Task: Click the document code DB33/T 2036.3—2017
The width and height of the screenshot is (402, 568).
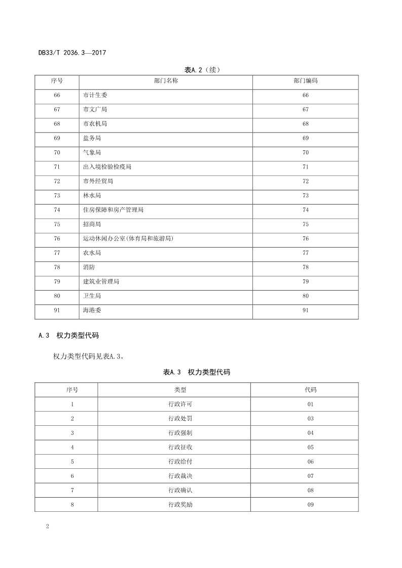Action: [71, 52]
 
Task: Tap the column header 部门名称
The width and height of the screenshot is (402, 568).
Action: [165, 81]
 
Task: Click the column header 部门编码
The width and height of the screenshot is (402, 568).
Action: [305, 81]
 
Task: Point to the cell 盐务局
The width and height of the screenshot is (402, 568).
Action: [92, 138]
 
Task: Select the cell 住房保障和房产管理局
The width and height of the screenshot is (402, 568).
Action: [113, 210]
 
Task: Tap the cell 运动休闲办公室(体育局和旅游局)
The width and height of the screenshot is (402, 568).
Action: [131, 238]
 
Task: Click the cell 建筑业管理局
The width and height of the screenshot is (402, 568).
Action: [101, 281]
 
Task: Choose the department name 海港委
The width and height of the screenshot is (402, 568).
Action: [92, 310]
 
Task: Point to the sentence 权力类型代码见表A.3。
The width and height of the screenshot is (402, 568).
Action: [89, 356]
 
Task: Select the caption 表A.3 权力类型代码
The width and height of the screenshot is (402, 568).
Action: [196, 372]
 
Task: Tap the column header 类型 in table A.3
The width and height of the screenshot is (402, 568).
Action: [174, 390]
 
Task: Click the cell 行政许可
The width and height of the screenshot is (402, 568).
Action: [174, 404]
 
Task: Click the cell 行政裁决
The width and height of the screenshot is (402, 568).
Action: [174, 476]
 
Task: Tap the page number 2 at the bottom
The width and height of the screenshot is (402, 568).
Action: [47, 527]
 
